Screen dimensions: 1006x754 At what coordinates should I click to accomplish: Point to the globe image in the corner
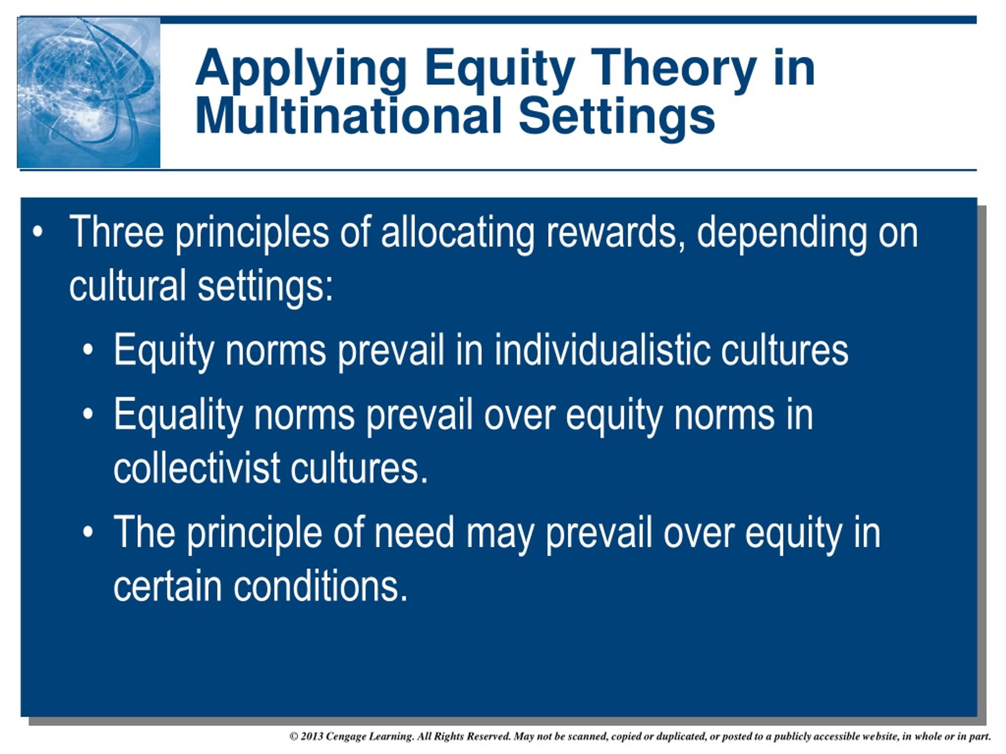click(89, 92)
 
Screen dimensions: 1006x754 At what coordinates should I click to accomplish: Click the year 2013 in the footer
click(312, 736)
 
